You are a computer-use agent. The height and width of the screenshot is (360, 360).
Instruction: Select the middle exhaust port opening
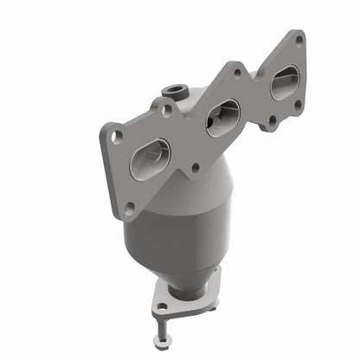pos(222,117)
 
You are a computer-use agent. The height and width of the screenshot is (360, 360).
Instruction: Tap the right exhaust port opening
pos(285,82)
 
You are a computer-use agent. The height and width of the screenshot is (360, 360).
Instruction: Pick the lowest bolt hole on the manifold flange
pos(130,208)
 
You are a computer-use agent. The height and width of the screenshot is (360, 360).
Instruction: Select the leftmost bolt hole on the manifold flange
pos(112,135)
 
